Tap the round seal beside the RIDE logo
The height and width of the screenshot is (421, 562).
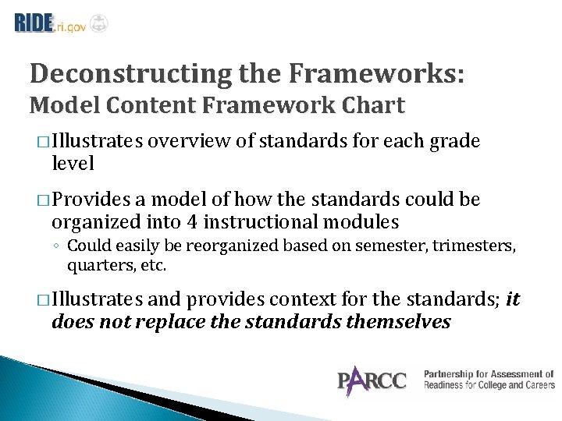coord(99,23)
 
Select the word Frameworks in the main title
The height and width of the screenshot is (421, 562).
coord(373,74)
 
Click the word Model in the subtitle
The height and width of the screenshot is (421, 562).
coord(62,105)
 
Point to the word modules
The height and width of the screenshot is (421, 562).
coord(364,222)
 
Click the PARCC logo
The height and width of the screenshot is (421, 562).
coord(372,380)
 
